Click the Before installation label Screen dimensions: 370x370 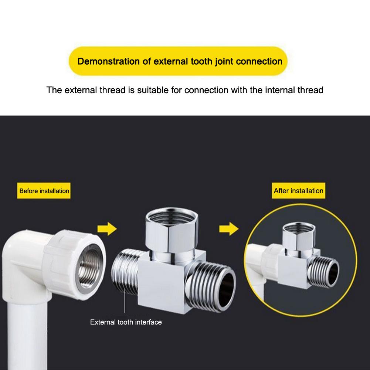pos(44,191)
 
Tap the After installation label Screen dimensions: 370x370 pos(298,191)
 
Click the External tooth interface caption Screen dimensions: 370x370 pos(126,322)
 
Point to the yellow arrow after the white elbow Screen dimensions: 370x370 pos(107,229)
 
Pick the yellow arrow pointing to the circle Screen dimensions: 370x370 pos(228,229)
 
